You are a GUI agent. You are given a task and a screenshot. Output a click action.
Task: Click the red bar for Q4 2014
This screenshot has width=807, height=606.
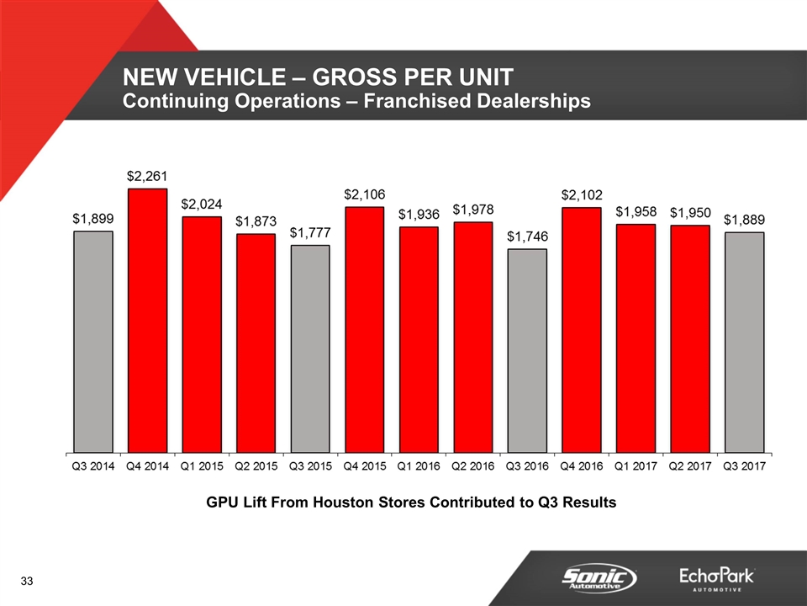point(147,320)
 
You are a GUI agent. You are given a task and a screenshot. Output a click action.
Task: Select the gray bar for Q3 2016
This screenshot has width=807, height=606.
point(527,349)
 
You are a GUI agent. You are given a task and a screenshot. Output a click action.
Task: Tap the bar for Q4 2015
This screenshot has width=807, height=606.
point(364,328)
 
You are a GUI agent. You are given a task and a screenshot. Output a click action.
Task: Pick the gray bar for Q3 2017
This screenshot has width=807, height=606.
point(744,341)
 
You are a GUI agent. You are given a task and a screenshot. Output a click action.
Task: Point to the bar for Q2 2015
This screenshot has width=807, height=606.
point(256,342)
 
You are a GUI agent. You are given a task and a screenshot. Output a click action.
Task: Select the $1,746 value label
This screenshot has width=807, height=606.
point(527,237)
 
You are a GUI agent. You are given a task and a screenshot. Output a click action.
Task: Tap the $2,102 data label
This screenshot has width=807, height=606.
point(582,195)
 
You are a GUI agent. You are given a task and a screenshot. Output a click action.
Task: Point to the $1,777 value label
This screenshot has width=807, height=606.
point(310,232)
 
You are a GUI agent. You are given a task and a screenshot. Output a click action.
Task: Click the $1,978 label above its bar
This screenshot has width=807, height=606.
point(473,209)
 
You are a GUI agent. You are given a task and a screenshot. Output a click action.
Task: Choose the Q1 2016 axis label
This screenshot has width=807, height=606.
point(419,465)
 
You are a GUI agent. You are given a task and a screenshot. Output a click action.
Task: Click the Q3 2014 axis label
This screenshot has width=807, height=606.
point(92,465)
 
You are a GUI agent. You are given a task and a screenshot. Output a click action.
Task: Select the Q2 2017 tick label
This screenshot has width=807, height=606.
point(690,465)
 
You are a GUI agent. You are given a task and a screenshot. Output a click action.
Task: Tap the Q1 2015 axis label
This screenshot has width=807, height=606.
point(202,465)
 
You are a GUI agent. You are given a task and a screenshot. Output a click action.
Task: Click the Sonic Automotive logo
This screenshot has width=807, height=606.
point(599,577)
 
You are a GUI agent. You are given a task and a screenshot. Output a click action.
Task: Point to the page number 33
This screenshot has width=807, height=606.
point(28,582)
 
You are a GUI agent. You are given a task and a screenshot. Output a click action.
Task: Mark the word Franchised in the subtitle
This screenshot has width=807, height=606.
point(402,102)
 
